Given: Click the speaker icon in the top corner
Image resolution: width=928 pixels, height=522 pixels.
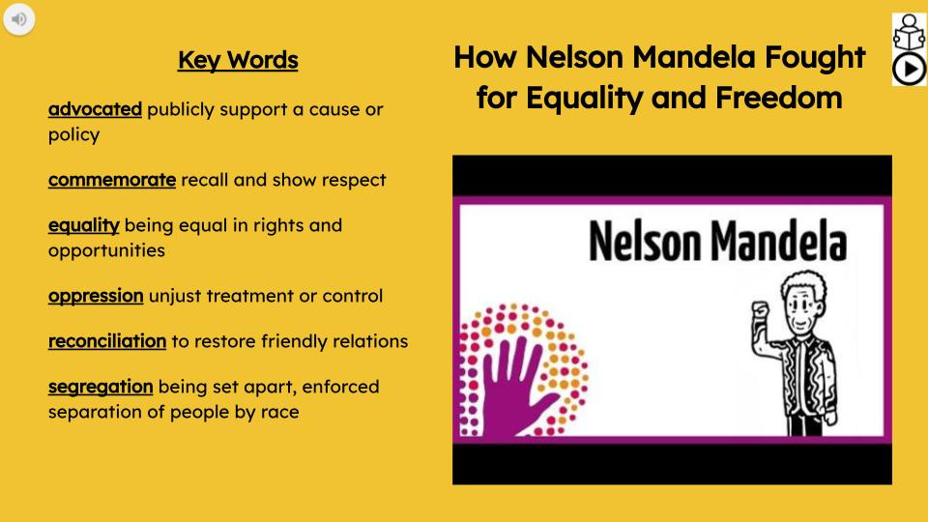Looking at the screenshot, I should click(18, 18).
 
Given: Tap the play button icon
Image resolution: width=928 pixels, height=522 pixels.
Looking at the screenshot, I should click(907, 69).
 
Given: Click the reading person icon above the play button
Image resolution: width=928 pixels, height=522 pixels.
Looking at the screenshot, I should click(907, 30).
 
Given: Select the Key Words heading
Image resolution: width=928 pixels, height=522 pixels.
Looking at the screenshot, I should click(238, 61).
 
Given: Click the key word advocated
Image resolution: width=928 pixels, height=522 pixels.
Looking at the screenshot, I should click(95, 109).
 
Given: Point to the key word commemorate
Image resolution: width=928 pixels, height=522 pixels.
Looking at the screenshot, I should click(111, 180).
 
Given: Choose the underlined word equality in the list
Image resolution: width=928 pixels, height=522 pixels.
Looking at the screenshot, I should click(83, 225).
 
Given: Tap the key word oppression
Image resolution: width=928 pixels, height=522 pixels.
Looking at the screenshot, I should click(96, 295).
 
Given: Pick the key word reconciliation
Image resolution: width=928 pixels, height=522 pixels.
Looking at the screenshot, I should click(106, 341).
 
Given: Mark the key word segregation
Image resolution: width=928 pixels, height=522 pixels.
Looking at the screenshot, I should click(101, 387).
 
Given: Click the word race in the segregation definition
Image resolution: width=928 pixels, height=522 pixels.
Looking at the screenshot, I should click(278, 412).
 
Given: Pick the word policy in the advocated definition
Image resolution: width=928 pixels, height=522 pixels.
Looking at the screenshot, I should click(73, 134).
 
